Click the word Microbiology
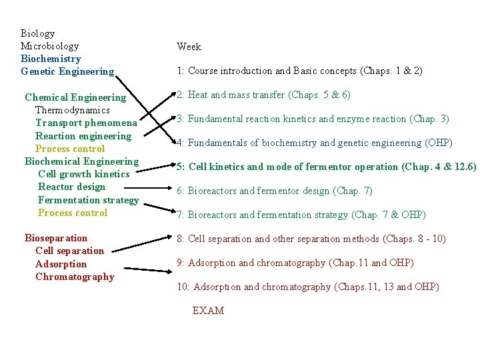click(x=49, y=46)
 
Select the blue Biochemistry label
click(x=51, y=59)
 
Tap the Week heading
click(x=189, y=47)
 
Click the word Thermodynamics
click(x=72, y=110)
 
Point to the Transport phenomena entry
click(x=86, y=123)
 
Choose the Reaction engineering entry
click(x=83, y=136)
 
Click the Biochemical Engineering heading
click(x=81, y=161)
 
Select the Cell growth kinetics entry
click(x=84, y=174)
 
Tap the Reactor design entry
click(x=71, y=187)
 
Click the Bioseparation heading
click(x=56, y=238)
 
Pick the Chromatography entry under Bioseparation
click(x=75, y=277)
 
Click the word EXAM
click(x=208, y=311)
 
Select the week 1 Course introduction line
click(x=299, y=71)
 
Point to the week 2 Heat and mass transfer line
click(x=263, y=95)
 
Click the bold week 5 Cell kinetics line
click(x=326, y=167)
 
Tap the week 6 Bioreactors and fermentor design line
click(x=275, y=191)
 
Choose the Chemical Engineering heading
click(x=75, y=97)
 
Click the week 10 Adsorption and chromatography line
click(x=307, y=287)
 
